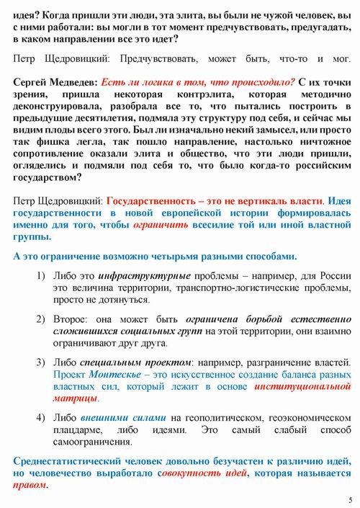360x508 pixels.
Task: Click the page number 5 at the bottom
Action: pos(349,499)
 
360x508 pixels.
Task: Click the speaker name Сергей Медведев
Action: pos(54,83)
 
